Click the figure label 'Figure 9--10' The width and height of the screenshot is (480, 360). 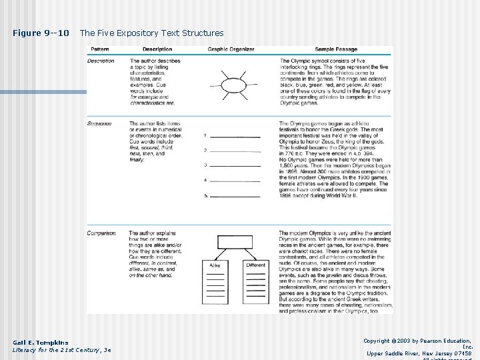(41, 33)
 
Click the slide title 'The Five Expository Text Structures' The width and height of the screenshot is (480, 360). (152, 33)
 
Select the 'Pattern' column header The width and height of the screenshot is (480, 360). (100, 49)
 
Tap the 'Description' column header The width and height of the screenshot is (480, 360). (157, 49)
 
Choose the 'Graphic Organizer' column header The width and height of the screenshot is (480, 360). (231, 49)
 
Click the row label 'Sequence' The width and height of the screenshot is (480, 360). (99, 123)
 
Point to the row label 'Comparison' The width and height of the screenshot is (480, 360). (101, 233)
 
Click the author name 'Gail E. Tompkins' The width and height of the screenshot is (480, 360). (40, 342)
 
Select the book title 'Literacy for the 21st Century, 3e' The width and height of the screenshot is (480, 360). (62, 350)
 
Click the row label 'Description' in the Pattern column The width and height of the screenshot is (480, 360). (101, 61)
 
